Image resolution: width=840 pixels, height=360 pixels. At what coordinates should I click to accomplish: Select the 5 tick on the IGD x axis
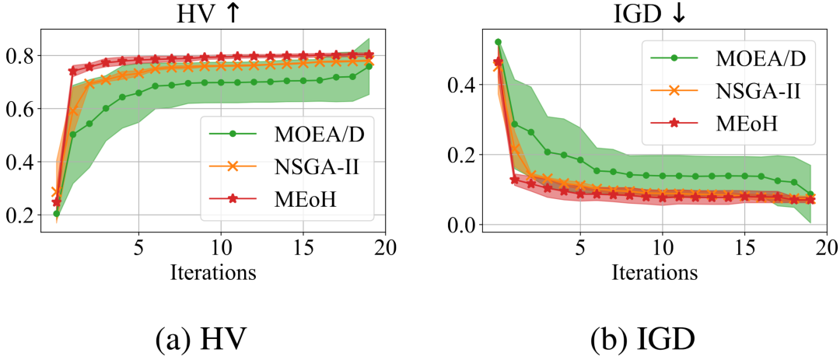pyautogui.click(x=579, y=250)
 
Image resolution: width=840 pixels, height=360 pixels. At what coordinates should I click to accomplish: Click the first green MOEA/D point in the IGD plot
pyautogui.click(x=498, y=42)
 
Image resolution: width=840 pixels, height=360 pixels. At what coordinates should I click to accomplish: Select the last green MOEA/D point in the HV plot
pyautogui.click(x=369, y=66)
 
